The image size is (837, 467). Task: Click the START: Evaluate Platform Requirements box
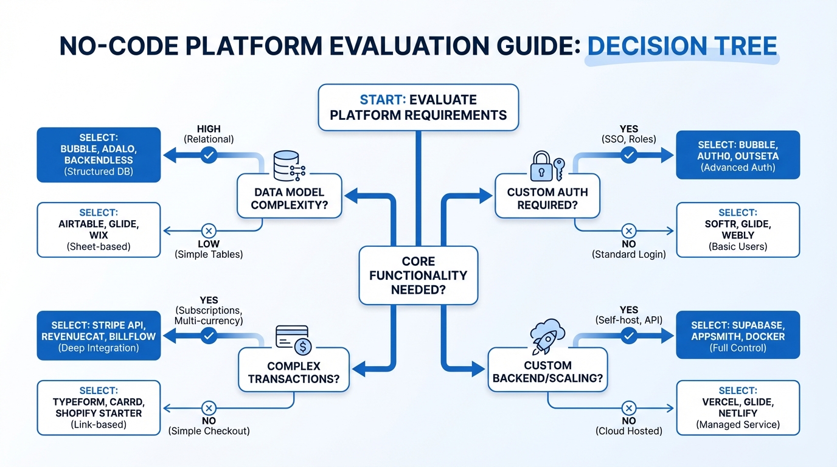point(418,108)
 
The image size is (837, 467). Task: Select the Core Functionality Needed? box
point(418,275)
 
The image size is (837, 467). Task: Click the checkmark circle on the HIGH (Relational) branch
point(209,156)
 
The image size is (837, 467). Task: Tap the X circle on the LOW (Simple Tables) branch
point(209,231)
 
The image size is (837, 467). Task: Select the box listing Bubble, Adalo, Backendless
point(99,154)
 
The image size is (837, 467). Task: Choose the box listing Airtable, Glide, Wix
point(99,229)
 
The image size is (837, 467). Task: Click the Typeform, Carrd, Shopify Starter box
point(99,407)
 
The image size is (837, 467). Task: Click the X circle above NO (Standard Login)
point(629,231)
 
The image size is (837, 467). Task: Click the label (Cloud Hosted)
point(629,431)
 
